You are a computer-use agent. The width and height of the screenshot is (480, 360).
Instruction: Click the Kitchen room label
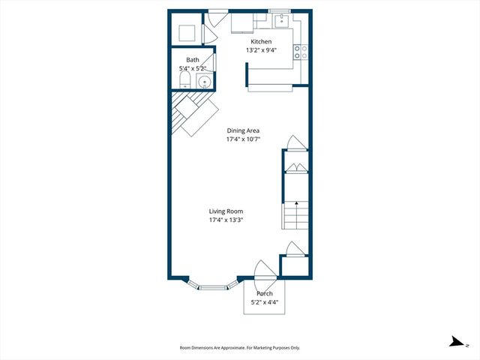click(x=261, y=42)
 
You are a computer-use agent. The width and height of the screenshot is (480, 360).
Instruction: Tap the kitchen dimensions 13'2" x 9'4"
click(x=261, y=50)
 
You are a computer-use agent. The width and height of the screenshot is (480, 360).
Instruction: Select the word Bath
click(x=193, y=60)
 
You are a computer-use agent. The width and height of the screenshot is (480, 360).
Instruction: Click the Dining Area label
click(x=243, y=130)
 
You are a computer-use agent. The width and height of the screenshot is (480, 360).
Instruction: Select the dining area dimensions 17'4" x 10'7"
click(x=243, y=139)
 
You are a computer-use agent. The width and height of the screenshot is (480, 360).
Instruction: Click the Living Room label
click(x=226, y=211)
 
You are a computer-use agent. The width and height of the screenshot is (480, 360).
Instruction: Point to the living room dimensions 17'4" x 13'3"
click(x=226, y=220)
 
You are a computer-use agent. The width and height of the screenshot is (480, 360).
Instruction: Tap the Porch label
click(x=264, y=293)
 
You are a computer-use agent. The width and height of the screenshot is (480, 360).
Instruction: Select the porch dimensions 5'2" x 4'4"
click(x=264, y=301)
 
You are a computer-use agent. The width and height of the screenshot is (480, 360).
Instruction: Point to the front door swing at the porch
click(x=262, y=270)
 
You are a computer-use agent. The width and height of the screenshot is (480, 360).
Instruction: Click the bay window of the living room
click(x=213, y=286)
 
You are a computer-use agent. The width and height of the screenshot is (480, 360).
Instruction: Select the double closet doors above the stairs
click(x=295, y=167)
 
